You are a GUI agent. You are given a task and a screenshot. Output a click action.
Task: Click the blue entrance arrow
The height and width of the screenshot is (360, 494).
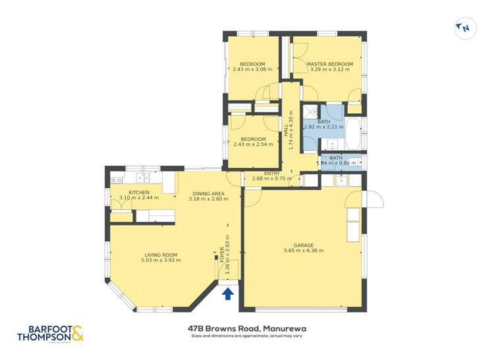(228, 293)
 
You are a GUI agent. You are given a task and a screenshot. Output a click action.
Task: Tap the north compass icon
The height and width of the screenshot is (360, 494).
(464, 28)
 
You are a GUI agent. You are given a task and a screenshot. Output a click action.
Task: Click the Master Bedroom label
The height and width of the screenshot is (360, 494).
(330, 64)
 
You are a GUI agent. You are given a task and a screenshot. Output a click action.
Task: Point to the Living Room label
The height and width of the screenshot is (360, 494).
(161, 255)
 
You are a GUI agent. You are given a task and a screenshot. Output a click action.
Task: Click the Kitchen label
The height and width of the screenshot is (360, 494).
(139, 192)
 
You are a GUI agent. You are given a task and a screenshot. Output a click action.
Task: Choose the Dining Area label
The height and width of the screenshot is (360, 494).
(208, 193)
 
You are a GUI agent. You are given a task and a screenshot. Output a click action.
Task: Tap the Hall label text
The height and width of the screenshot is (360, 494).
(287, 134)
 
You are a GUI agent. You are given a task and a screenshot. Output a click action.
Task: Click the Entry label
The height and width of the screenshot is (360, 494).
(272, 172)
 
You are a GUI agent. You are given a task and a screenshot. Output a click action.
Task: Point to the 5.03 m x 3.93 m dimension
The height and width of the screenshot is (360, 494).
(161, 261)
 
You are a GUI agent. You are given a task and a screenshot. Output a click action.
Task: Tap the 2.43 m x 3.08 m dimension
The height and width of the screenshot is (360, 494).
(252, 70)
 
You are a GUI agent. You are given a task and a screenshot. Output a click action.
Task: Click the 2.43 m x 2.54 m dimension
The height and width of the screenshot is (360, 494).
(253, 145)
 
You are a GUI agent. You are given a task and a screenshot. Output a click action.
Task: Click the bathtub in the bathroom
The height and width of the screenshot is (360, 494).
(354, 133)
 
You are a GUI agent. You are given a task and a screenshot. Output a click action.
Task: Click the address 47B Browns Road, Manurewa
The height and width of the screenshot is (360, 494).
(247, 328)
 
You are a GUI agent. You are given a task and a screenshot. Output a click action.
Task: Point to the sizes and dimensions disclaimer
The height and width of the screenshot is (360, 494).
(247, 336)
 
